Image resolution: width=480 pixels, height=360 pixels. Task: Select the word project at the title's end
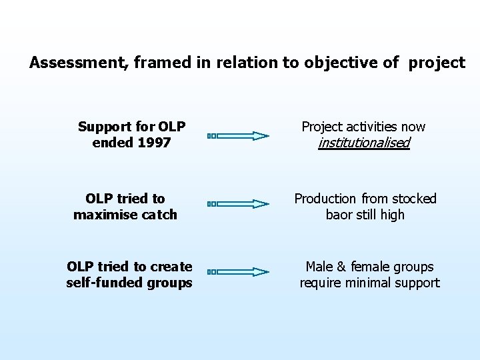coord(437,63)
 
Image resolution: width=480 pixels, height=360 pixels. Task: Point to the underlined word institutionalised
coord(363,143)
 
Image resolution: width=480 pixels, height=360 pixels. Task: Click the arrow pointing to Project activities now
coord(237,135)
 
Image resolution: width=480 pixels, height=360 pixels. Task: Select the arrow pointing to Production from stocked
coord(237,204)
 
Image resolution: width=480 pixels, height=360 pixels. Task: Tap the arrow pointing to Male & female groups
coord(237,272)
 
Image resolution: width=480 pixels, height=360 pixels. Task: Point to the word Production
coord(325,199)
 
